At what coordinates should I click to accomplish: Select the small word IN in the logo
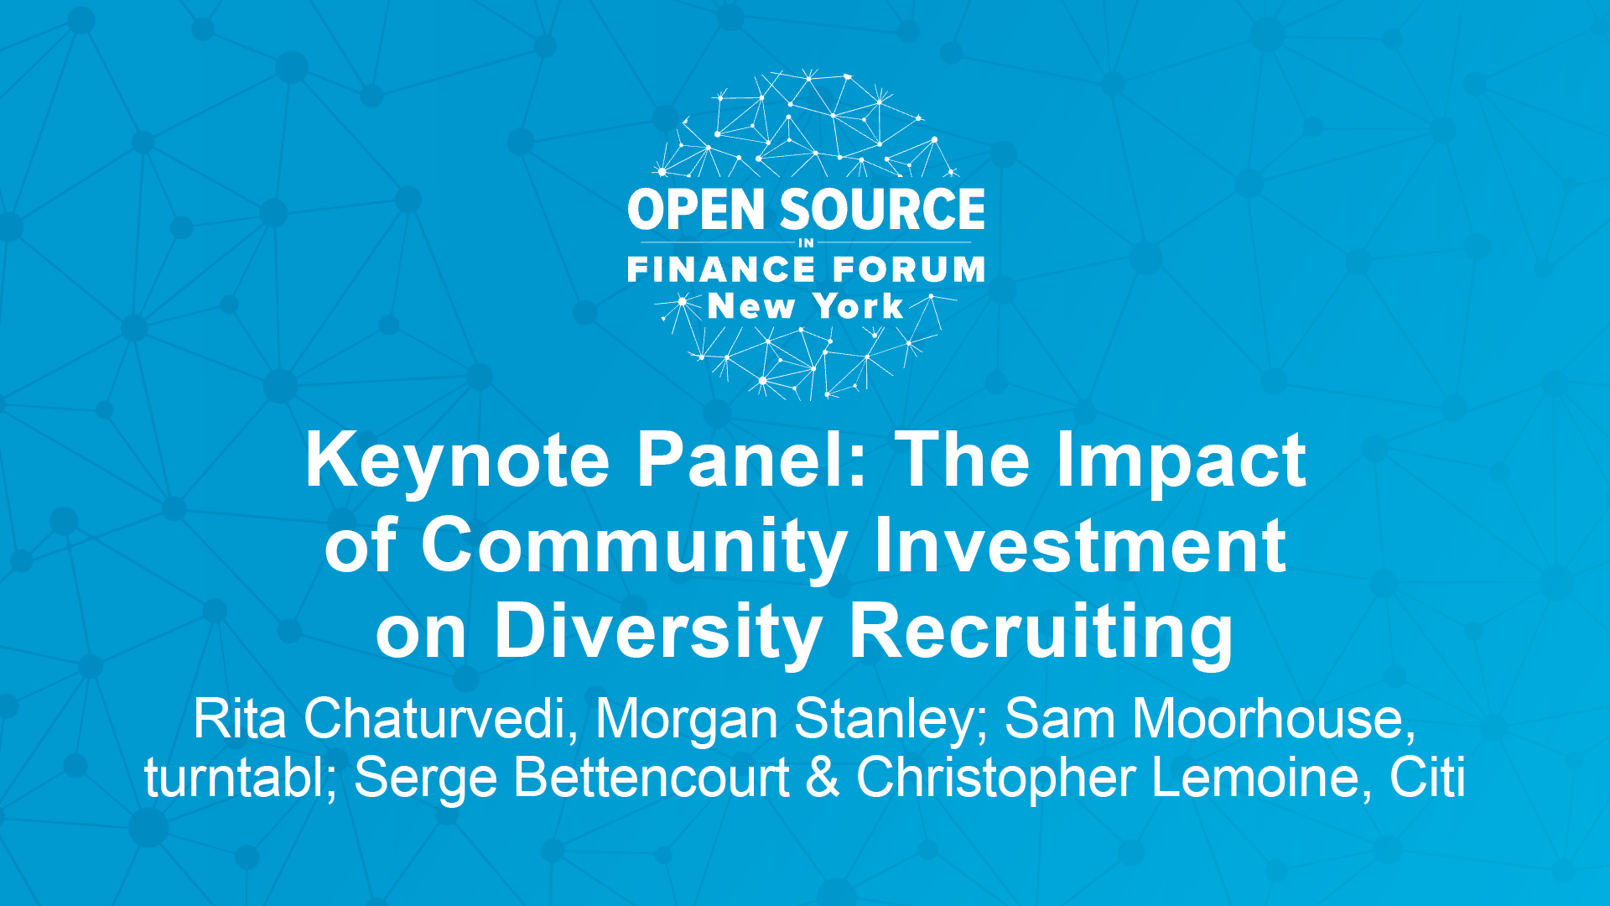point(806,243)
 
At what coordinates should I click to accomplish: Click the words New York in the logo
point(805,306)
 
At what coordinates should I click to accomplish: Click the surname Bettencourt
point(652,777)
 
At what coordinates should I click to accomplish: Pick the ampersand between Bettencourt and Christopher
point(823,778)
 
